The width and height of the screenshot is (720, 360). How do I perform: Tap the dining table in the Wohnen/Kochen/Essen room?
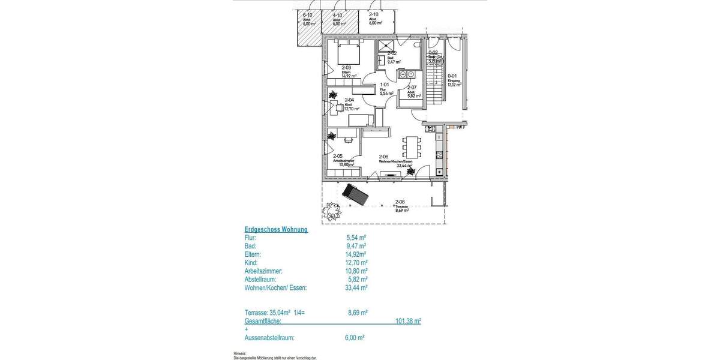tap(411, 146)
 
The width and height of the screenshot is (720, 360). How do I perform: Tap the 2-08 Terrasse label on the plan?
tap(401, 206)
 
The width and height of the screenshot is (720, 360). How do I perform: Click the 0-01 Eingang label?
tap(454, 80)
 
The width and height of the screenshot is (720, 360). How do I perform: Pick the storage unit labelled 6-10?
tap(309, 20)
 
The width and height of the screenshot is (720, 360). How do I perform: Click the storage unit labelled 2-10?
tap(374, 19)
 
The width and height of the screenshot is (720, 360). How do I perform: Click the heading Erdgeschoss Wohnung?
tap(276, 229)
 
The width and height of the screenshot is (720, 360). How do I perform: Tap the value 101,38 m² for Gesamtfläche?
tap(408, 321)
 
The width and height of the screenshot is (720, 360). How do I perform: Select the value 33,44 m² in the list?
tap(357, 287)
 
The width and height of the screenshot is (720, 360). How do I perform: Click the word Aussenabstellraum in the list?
tap(269, 338)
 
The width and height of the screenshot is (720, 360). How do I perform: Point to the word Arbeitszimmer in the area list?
tap(263, 271)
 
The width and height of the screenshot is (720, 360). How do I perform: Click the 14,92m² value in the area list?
tap(356, 254)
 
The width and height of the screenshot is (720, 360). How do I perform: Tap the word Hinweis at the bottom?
tap(241, 353)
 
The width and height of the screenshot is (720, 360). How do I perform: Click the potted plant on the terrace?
tap(329, 211)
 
